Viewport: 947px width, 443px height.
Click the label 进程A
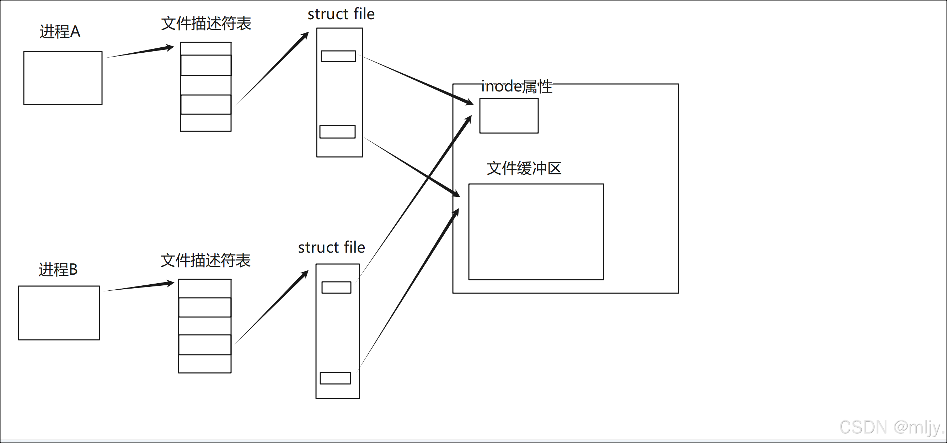tap(60, 32)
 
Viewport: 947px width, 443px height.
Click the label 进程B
tap(58, 270)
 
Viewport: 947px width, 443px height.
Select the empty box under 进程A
tap(63, 78)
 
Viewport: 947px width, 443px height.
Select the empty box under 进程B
tap(59, 313)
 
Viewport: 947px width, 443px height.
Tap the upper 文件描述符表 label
tap(206, 24)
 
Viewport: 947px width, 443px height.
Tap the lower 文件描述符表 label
tap(205, 260)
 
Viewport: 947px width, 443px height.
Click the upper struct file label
tap(341, 14)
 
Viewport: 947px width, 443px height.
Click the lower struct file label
tap(331, 248)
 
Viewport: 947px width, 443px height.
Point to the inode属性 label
tap(517, 86)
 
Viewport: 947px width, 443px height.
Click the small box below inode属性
tap(509, 116)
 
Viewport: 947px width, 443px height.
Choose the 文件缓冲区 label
tap(524, 169)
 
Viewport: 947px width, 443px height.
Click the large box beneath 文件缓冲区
tap(536, 232)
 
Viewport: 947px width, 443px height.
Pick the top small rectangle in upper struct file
tap(338, 56)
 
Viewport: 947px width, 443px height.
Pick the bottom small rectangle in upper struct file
tap(337, 132)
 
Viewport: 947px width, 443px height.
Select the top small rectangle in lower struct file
tap(336, 288)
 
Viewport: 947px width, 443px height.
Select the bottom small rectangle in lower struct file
tap(335, 378)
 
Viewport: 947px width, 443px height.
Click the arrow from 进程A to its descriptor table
tap(140, 52)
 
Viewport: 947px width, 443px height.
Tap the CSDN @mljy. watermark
tap(891, 428)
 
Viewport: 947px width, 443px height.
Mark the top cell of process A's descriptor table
tap(206, 48)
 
